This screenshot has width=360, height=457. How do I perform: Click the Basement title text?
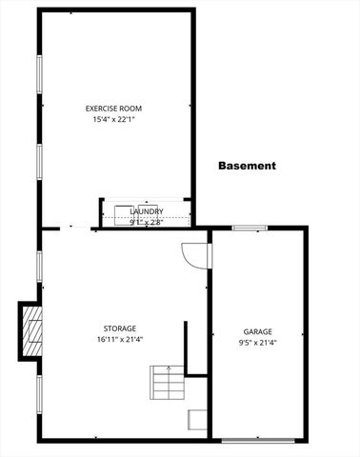[x=247, y=166]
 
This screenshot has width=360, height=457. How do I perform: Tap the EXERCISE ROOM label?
[x=114, y=109]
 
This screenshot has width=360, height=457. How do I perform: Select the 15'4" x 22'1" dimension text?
[x=114, y=120]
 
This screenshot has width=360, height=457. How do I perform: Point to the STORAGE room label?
[x=119, y=328]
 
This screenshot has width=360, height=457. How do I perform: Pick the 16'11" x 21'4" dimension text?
[x=119, y=339]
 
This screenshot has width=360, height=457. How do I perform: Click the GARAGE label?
[x=257, y=331]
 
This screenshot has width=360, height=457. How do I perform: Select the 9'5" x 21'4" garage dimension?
[x=257, y=343]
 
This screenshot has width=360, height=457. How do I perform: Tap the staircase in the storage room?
[x=169, y=385]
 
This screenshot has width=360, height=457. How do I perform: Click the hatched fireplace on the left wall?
[x=32, y=329]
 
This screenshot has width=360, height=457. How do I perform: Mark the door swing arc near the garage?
[x=194, y=255]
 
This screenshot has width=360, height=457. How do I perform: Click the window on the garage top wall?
[x=250, y=228]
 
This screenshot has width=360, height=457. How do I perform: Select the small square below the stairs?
[x=196, y=421]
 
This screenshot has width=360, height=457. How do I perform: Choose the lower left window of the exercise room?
[x=38, y=167]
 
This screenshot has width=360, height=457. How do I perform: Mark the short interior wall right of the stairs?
[x=186, y=348]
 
